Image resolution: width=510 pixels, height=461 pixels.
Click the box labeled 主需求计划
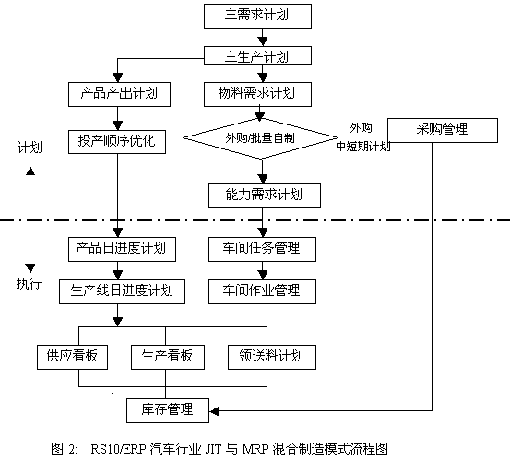pyautogui.click(x=257, y=16)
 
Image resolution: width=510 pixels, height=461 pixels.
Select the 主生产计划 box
pyautogui.click(x=257, y=55)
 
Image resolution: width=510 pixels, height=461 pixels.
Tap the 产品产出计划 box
pyautogui.click(x=119, y=94)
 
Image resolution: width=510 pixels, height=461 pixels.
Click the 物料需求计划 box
pyautogui.click(x=257, y=94)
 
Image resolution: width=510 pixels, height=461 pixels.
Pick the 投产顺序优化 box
pyautogui.click(x=117, y=142)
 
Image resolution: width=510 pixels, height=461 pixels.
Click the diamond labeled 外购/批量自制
pyautogui.click(x=261, y=138)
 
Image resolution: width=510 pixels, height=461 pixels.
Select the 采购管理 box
pyautogui.click(x=443, y=130)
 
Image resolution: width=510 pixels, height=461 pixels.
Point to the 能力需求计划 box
pyautogui.click(x=265, y=195)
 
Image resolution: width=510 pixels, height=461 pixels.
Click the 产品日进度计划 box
pyautogui.click(x=122, y=249)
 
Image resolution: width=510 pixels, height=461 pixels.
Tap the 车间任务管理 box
pyautogui.click(x=262, y=249)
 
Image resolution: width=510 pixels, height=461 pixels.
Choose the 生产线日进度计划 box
pyautogui.click(x=122, y=291)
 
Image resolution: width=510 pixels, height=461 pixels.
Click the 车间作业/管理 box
pyautogui.click(x=262, y=291)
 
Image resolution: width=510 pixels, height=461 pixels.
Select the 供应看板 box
pyautogui.click(x=72, y=357)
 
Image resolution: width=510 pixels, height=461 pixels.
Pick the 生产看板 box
pyautogui.click(x=168, y=357)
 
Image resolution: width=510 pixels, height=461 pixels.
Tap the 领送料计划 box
pyautogui.click(x=271, y=357)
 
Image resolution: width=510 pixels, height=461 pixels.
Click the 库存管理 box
pyautogui.click(x=168, y=410)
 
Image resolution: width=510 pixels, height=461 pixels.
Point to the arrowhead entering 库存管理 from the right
pyautogui.click(x=214, y=411)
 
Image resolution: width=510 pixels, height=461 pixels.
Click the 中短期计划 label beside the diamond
pyautogui.click(x=363, y=147)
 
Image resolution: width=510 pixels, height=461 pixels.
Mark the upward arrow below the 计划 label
pyautogui.click(x=30, y=187)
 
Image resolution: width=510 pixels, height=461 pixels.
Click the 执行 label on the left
pyautogui.click(x=29, y=283)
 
